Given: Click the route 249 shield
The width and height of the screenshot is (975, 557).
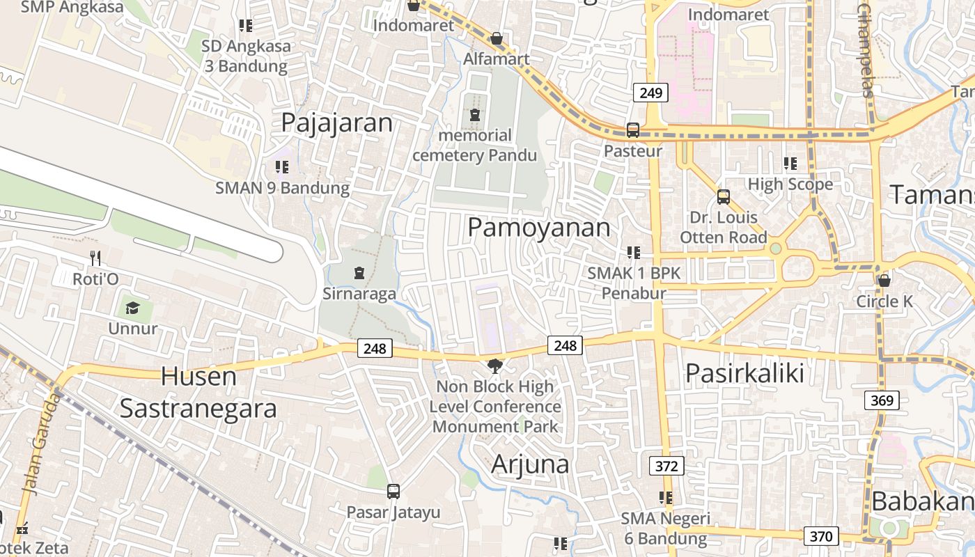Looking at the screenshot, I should point(651,92).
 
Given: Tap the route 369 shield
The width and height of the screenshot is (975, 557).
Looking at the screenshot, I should point(882,400).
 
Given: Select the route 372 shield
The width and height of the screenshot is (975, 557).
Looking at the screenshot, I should point(666,466).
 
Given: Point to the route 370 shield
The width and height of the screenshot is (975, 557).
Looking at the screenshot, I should point(821,536).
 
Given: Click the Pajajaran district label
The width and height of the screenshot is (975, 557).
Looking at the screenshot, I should point(337,123).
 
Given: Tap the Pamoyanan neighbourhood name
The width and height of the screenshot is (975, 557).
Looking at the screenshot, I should point(538,228).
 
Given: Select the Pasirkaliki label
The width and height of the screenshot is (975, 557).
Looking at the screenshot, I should point(744,373).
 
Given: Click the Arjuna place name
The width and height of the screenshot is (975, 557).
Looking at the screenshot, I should point(530,464).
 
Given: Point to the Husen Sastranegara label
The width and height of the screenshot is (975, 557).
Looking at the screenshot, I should point(198,393).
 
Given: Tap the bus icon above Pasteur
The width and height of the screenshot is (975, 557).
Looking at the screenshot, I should point(633,130).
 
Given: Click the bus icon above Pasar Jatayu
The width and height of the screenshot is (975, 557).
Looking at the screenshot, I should point(393,492).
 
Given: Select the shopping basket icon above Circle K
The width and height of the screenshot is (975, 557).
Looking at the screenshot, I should point(884,281).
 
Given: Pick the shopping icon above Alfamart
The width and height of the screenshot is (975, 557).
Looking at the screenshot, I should point(497,38).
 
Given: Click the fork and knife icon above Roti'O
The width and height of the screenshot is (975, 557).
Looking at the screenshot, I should point(95,258).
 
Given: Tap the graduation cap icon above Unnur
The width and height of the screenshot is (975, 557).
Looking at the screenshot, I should point(132,307).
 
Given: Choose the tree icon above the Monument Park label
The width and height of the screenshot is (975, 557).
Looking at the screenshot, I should point(495,366).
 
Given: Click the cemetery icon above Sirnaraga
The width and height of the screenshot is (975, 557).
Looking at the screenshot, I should point(359,272).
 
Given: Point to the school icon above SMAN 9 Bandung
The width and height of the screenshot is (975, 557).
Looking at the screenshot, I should point(282,167).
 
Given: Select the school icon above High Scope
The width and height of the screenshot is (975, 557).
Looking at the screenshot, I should point(790,164).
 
